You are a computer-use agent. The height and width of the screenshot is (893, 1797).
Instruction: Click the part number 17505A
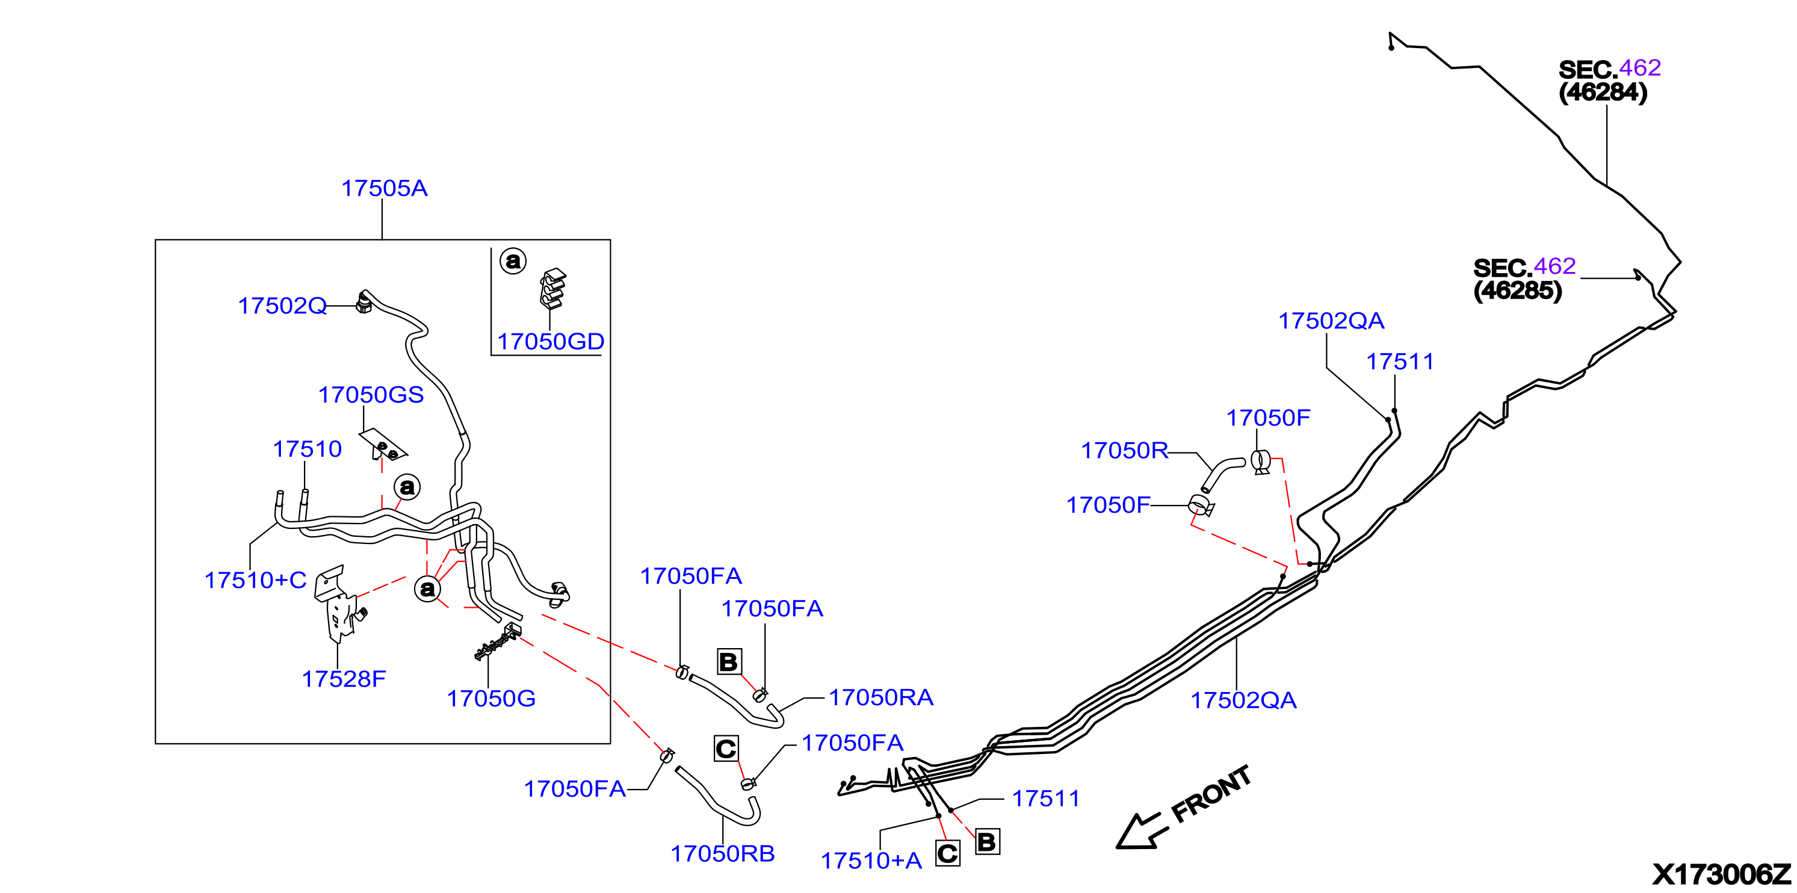pyautogui.click(x=385, y=188)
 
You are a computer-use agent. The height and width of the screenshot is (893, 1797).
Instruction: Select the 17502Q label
pyautogui.click(x=282, y=306)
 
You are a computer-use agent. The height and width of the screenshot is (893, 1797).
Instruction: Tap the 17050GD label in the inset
pyautogui.click(x=551, y=341)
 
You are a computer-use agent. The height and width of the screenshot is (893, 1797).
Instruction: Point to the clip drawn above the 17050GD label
pyautogui.click(x=552, y=288)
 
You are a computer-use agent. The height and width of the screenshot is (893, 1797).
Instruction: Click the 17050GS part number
pyautogui.click(x=371, y=395)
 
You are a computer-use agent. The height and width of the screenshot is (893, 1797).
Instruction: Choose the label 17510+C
pyautogui.click(x=255, y=581)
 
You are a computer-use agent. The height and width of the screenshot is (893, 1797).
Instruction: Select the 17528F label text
pyautogui.click(x=344, y=679)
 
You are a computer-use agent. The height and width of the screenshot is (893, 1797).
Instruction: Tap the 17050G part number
pyautogui.click(x=491, y=699)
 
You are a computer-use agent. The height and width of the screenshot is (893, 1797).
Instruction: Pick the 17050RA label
pyautogui.click(x=881, y=697)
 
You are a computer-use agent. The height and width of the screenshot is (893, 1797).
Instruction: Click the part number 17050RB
pyautogui.click(x=723, y=853)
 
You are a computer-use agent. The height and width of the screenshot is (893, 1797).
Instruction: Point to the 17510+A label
pyautogui.click(x=871, y=861)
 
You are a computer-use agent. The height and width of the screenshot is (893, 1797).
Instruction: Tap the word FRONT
pyautogui.click(x=1211, y=795)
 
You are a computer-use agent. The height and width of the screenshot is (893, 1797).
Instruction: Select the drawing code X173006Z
pyautogui.click(x=1722, y=874)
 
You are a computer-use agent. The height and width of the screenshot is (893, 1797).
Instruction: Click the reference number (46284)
pyautogui.click(x=1603, y=92)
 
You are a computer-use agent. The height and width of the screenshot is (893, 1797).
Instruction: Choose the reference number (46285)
pyautogui.click(x=1517, y=290)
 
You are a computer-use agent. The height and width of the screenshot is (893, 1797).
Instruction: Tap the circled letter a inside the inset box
pyautogui.click(x=513, y=261)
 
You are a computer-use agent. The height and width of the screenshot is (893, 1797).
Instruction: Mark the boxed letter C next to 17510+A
pyautogui.click(x=947, y=854)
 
